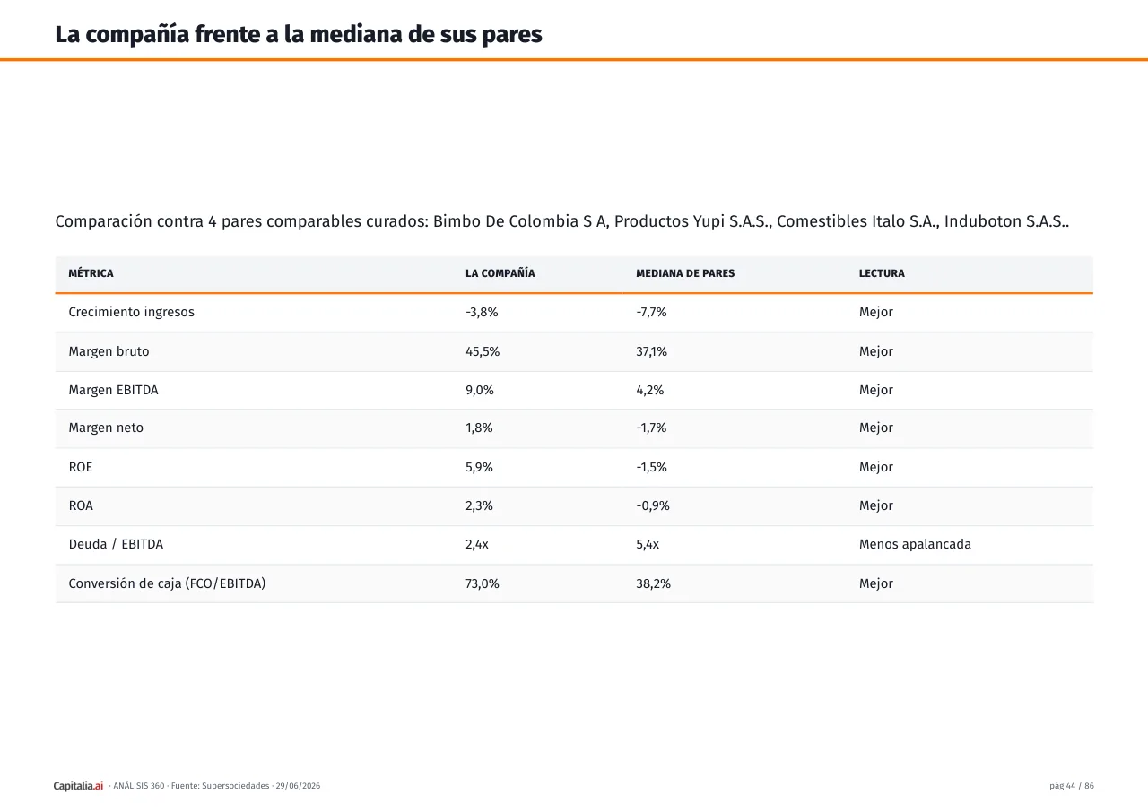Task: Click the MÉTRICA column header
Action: pyautogui.click(x=91, y=272)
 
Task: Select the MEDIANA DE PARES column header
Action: pyautogui.click(x=685, y=273)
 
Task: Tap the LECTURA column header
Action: pyautogui.click(x=882, y=273)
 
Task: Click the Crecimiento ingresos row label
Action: pyautogui.click(x=131, y=312)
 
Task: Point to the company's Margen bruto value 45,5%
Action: pyautogui.click(x=483, y=351)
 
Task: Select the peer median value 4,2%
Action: pyautogui.click(x=650, y=390)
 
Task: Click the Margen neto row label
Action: pyautogui.click(x=106, y=428)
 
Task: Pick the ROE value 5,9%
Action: pyautogui.click(x=479, y=467)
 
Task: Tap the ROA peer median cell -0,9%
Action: pyautogui.click(x=652, y=505)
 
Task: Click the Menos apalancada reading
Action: pyautogui.click(x=915, y=544)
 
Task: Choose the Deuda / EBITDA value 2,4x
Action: pyautogui.click(x=476, y=544)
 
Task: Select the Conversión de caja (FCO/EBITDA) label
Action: pyautogui.click(x=167, y=583)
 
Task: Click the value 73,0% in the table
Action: pyautogui.click(x=482, y=583)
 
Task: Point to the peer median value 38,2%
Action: pyautogui.click(x=653, y=583)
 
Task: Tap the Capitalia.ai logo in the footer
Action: pyautogui.click(x=78, y=785)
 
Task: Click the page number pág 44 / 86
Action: pyautogui.click(x=1071, y=785)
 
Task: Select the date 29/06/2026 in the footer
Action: pyautogui.click(x=298, y=785)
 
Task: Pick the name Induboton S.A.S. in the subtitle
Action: pyautogui.click(x=1005, y=221)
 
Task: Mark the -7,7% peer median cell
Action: pyautogui.click(x=651, y=312)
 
